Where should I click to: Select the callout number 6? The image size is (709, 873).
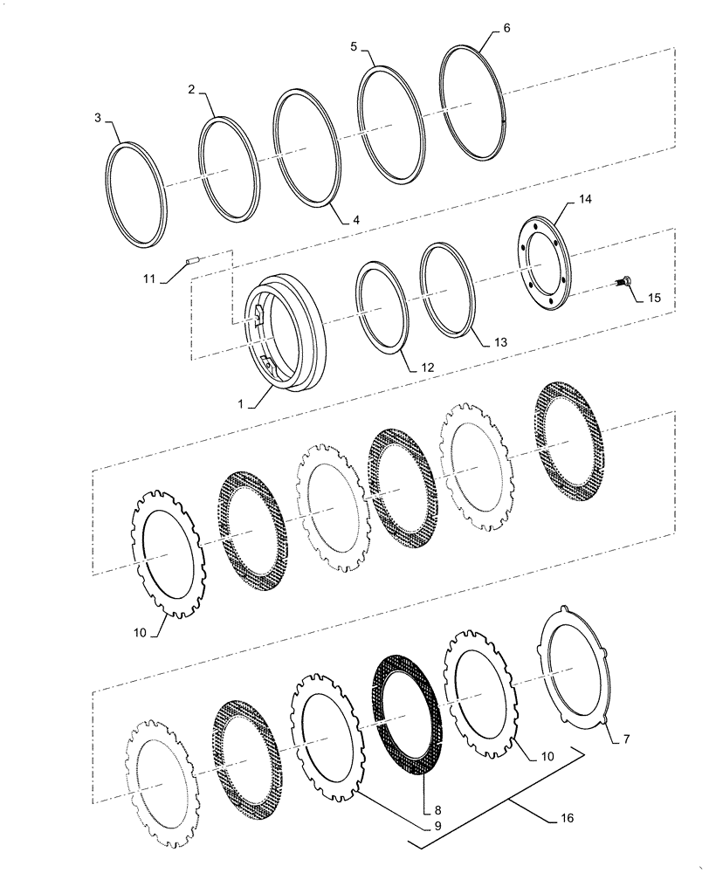click(506, 28)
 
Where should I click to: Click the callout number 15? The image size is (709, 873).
click(654, 298)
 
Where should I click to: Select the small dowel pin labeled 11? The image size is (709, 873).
click(196, 258)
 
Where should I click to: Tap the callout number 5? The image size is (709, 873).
click(354, 45)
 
